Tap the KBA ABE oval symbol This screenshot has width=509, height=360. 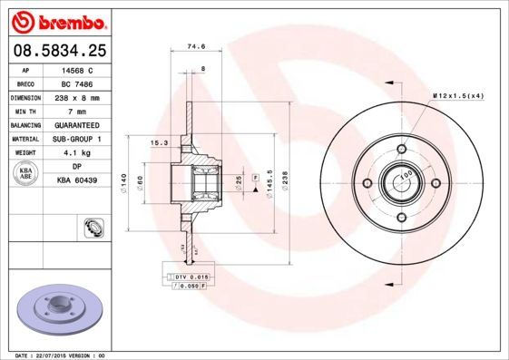26,173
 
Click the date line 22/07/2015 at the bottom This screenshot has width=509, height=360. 54,355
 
